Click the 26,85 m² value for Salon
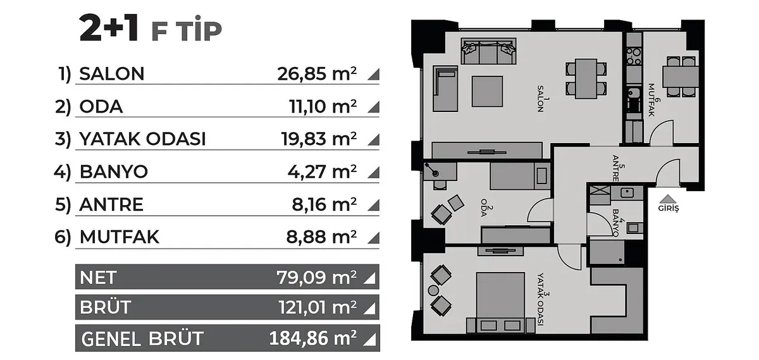(x=317, y=73)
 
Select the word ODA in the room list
(x=101, y=106)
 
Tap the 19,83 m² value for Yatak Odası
(x=319, y=139)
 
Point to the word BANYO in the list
(x=113, y=171)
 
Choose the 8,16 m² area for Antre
(x=324, y=204)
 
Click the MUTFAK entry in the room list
(x=120, y=237)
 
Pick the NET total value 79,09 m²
(x=316, y=277)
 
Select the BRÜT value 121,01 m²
(x=318, y=307)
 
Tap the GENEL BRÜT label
(x=142, y=338)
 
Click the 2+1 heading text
(x=109, y=28)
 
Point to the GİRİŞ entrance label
(x=669, y=208)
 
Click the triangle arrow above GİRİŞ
(x=668, y=199)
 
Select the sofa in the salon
(x=488, y=51)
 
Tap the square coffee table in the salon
(x=487, y=92)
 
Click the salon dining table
(x=586, y=79)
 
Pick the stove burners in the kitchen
(x=634, y=56)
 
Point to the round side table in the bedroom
(x=433, y=290)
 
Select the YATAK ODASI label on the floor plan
(x=541, y=299)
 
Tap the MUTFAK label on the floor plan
(x=652, y=100)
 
